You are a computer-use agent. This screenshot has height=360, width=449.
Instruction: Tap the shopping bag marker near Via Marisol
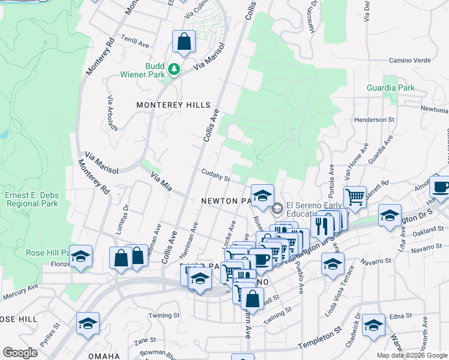tap(184, 43)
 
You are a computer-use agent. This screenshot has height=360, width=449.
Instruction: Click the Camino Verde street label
tap(410, 60)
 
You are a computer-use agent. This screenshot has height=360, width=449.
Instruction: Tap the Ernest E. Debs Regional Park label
tap(31, 199)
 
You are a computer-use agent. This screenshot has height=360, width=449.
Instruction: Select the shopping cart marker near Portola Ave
tap(355, 196)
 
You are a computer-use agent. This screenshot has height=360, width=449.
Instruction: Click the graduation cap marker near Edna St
tap(373, 326)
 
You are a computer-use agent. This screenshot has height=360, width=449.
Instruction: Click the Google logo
tap(20, 353)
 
